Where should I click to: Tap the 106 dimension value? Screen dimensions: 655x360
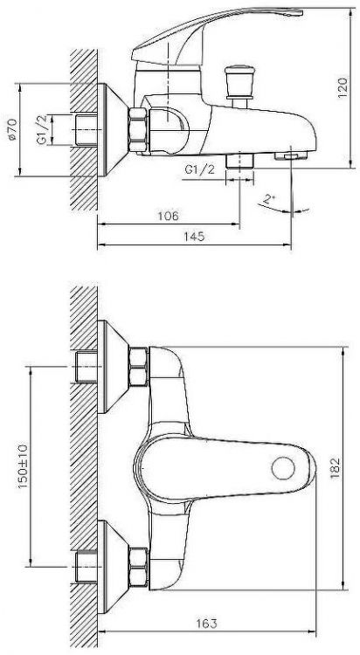169,215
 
